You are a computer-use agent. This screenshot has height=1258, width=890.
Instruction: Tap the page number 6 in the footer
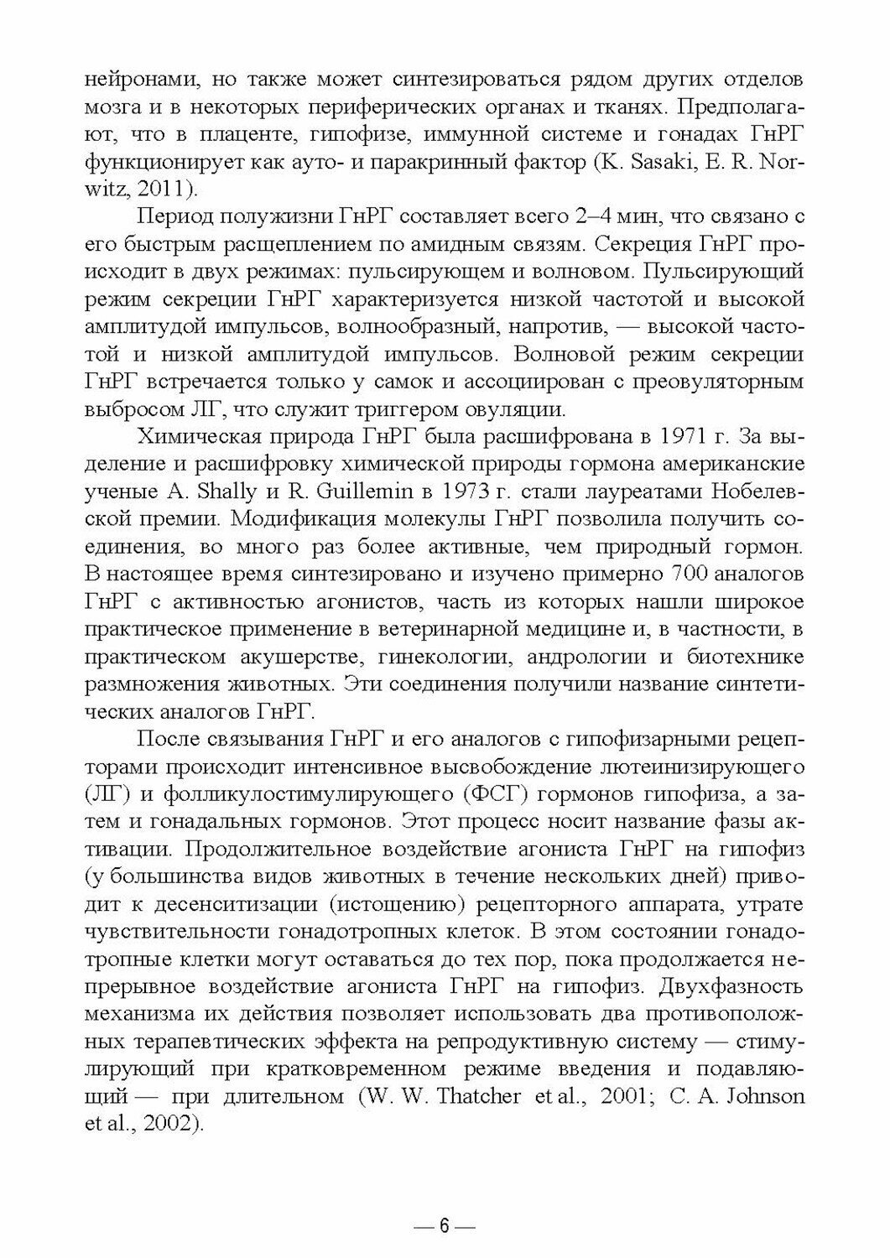pyautogui.click(x=445, y=1226)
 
